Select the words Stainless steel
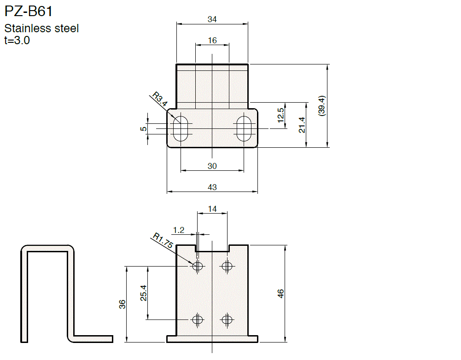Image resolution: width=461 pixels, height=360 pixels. coord(41,29)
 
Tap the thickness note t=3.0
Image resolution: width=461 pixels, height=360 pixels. coord(17,40)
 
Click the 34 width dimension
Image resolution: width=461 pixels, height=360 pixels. coord(212,19)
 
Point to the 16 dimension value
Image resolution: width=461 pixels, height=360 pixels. coord(212,41)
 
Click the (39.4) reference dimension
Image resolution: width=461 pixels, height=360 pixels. coord(322,106)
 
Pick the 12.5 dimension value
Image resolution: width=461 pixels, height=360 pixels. coord(281,115)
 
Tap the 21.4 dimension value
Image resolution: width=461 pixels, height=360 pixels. coord(302,125)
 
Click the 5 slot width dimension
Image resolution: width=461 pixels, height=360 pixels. coord(144,129)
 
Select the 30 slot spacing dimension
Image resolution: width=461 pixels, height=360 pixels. coord(212,166)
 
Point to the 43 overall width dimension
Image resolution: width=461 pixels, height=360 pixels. coord(212,187)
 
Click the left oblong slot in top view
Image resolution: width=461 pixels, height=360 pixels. coord(181,128)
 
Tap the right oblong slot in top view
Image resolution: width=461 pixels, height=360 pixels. coord(244,128)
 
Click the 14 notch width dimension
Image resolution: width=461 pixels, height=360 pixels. coord(212,209)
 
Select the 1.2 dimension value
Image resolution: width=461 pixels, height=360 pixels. coord(179,230)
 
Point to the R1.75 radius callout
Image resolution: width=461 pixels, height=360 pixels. coord(163,242)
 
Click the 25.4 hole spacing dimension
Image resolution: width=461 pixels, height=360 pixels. coord(143,293)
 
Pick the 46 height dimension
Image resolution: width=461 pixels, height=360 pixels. coord(280,294)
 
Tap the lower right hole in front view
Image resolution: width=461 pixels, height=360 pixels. coord(226,319)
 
